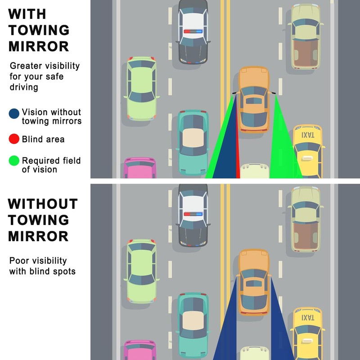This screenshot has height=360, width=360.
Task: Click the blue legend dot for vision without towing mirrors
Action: click(14, 114)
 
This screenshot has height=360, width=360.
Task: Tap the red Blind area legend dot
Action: click(14, 139)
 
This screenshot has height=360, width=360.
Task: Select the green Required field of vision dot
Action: click(14, 161)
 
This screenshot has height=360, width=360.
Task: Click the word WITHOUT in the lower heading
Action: click(43, 204)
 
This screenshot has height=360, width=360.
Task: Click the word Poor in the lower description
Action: click(18, 261)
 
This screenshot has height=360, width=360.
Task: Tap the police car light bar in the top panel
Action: click(193, 31)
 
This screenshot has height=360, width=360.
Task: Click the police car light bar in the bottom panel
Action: click(193, 214)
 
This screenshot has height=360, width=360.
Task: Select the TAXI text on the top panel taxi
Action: click(308, 135)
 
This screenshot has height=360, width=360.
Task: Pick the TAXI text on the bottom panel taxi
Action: click(308, 318)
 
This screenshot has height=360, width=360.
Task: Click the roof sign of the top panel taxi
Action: click(307, 158)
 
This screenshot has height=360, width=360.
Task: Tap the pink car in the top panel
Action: click(140, 167)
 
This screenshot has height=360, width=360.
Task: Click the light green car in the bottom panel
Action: click(142, 271)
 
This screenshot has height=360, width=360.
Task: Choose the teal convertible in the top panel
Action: click(193, 143)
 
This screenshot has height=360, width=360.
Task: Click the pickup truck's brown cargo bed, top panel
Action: click(306, 53)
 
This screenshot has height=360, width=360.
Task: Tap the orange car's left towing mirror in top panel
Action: click(235, 93)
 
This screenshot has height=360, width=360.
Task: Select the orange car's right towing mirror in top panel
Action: click(273, 93)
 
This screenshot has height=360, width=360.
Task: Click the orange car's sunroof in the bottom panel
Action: click(254, 283)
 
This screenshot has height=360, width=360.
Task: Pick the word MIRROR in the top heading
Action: click(39, 46)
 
